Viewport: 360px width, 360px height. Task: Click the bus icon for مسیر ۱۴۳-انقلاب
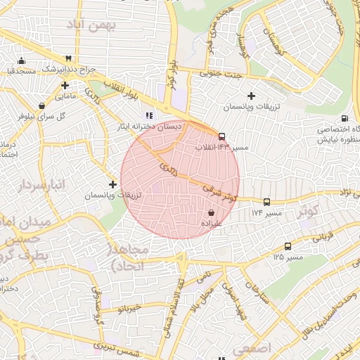(222, 136)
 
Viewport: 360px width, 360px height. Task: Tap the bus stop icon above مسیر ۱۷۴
(267, 202)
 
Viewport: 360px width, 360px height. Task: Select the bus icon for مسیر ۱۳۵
(288, 246)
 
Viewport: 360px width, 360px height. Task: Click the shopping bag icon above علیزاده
(211, 212)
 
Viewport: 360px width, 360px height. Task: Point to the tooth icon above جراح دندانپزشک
(68, 59)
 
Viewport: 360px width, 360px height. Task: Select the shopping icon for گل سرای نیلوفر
(42, 105)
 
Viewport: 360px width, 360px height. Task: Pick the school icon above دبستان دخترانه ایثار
(148, 115)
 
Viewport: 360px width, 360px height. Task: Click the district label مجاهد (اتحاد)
(127, 258)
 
